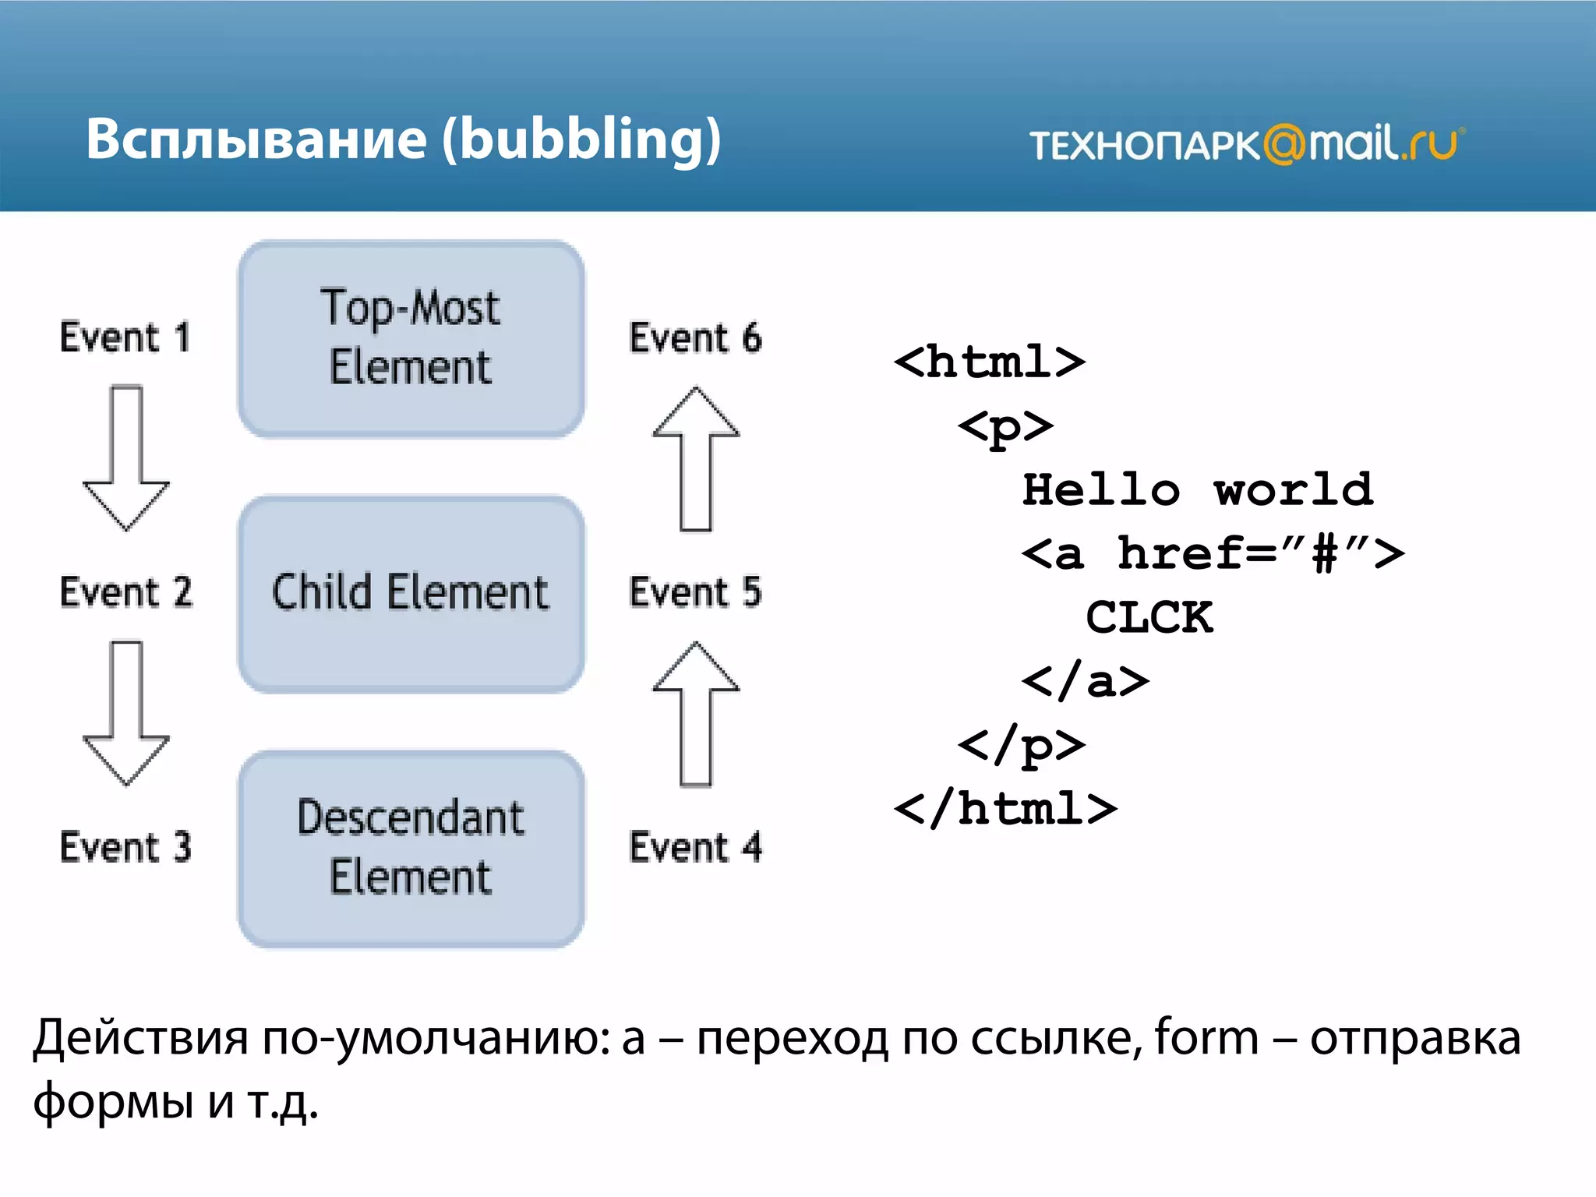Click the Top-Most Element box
[411, 338]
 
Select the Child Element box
[411, 594]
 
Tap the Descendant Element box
[411, 849]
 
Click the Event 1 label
[125, 338]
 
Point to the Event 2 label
[125, 592]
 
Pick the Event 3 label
[125, 847]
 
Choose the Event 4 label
[695, 847]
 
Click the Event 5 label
[695, 592]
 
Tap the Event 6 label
[695, 338]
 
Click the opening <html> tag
[990, 362]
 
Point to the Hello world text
[1197, 490]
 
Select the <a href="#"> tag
[1213, 554]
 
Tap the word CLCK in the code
[1149, 618]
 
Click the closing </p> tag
[1021, 746]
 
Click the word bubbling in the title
[581, 140]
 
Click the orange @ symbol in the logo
[1284, 145]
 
